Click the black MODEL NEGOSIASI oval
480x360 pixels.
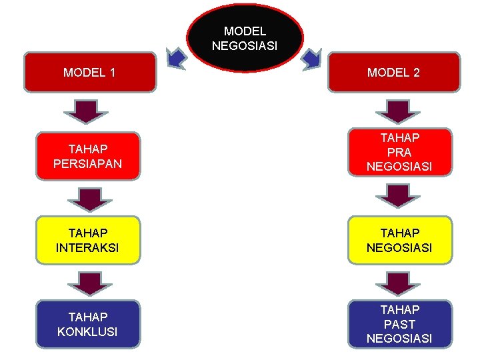pos(245,39)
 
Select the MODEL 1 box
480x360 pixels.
pos(89,72)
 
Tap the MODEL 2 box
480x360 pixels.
pos(393,72)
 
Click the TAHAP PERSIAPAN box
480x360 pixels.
pos(88,156)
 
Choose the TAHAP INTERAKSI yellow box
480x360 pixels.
pos(88,240)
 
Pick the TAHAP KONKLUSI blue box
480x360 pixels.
pos(88,324)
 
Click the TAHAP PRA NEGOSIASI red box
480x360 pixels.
pos(399,152)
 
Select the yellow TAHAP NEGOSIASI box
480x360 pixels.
pos(399,240)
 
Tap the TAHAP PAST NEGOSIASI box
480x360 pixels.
pos(399,324)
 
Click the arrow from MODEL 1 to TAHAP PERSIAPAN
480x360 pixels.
pos(89,111)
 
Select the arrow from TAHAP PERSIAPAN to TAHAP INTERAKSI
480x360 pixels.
pos(89,199)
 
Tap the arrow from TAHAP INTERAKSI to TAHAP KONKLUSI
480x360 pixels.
pos(89,283)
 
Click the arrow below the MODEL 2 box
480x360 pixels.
pos(398,111)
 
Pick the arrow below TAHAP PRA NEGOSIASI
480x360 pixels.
pos(398,196)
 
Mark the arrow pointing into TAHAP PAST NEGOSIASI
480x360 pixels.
pos(398,283)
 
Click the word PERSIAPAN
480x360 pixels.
pos(88,163)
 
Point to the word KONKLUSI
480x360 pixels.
pos(88,331)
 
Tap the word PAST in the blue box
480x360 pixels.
pos(399,324)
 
